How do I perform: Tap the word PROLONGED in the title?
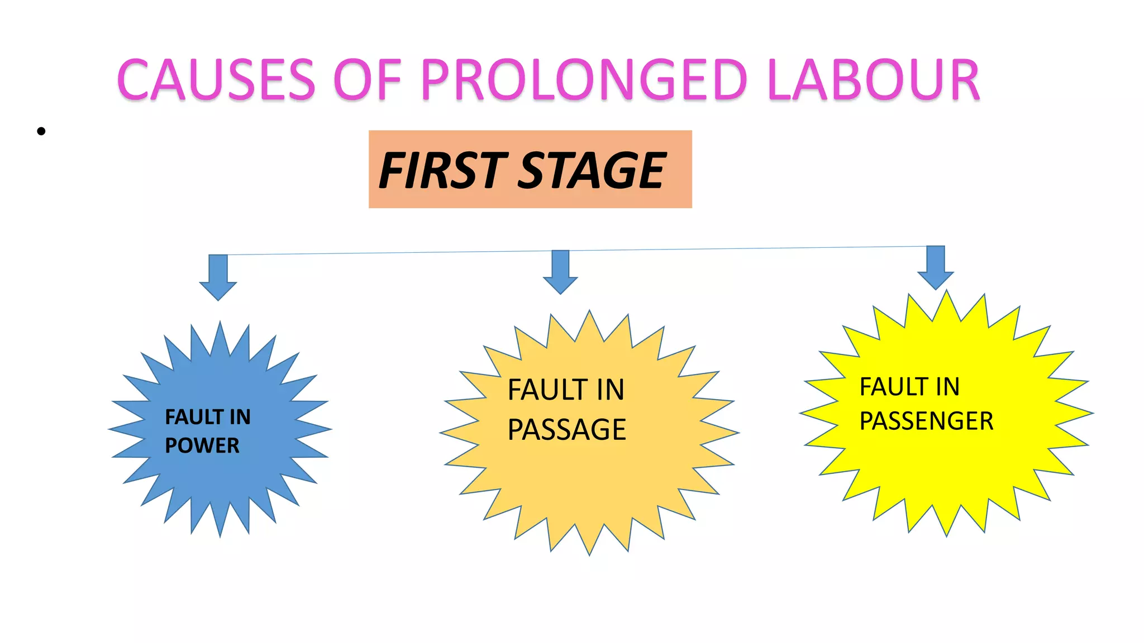[x=584, y=80]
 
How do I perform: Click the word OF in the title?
[x=368, y=80]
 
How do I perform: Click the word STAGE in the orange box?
[x=592, y=171]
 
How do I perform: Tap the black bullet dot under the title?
[x=41, y=132]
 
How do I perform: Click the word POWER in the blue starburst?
[x=202, y=445]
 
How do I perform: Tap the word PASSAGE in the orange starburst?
[x=566, y=430]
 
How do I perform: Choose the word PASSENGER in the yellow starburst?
[x=926, y=421]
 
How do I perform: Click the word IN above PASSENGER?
[x=948, y=387]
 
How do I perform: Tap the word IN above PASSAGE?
[x=610, y=390]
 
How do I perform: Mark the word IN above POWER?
[x=240, y=417]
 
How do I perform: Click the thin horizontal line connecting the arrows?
[x=391, y=252]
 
